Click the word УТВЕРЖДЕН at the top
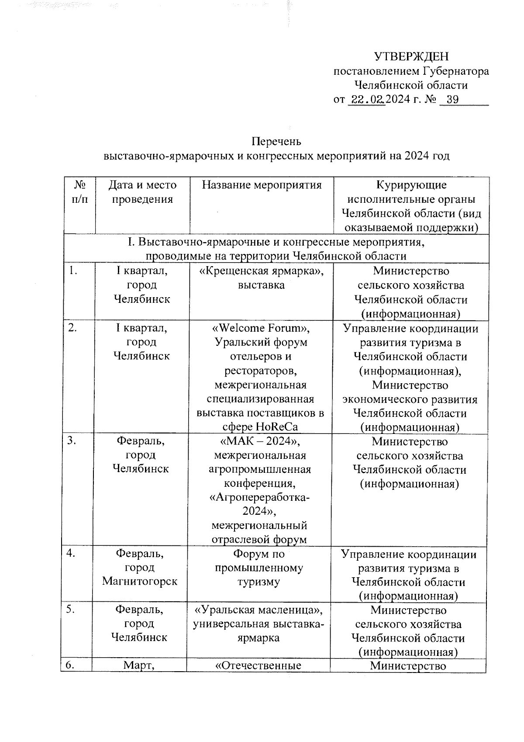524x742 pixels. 411,56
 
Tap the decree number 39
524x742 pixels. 452,100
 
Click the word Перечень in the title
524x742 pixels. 276,142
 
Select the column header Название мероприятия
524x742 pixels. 262,185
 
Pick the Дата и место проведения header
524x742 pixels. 142,192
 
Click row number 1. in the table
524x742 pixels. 73,271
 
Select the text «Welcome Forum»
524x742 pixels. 261,328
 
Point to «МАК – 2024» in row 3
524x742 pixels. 261,441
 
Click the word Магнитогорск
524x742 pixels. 140,582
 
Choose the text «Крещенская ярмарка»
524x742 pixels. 261,271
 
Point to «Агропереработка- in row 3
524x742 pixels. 260,498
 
